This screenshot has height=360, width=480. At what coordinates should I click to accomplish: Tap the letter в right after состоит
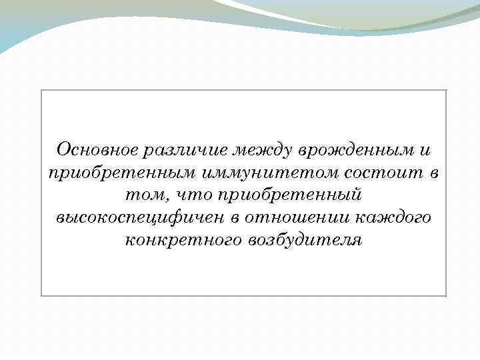pos(434,173)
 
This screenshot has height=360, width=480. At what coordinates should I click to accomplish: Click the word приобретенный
pos(288,195)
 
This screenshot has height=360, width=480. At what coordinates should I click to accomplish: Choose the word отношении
pos(299,218)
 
